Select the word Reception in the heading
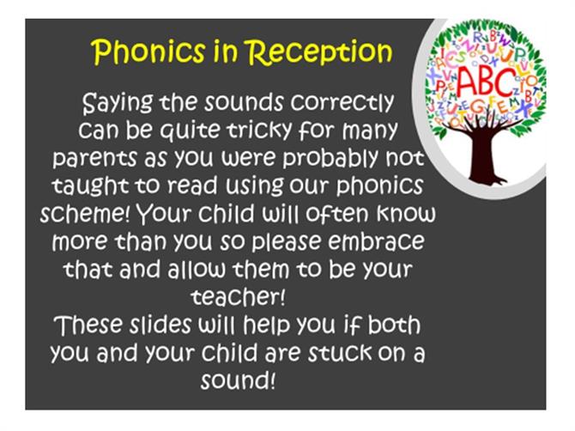coord(318,52)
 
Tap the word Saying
coord(118,103)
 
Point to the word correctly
coord(342,103)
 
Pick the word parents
coord(94,159)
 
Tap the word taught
coord(90,186)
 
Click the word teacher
coord(238,297)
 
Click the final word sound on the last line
coord(238,380)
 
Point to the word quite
coord(190,131)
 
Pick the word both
coord(394,325)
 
